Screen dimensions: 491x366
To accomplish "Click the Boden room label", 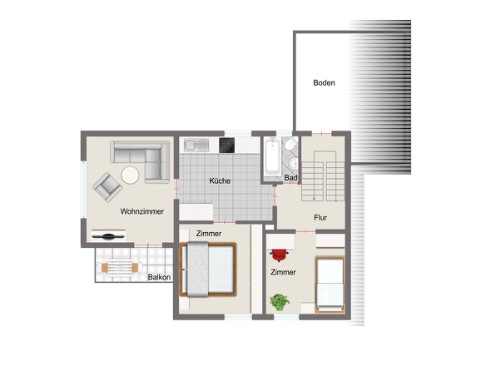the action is tap(324, 82).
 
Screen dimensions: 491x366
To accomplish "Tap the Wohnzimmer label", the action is tap(141, 211).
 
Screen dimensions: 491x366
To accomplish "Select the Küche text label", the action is tap(220, 181).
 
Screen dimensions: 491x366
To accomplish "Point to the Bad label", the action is tap(290, 178).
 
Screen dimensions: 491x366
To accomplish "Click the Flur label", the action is tap(320, 218).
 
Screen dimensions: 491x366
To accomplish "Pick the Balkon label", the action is tap(159, 277).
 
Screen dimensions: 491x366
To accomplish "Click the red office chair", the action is tap(279, 255).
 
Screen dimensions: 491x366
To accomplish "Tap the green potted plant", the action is tap(280, 302).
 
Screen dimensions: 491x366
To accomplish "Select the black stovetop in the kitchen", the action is tap(226, 146).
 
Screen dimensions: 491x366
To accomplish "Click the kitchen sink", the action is tap(196, 145).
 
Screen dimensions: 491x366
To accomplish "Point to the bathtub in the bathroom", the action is tap(272, 156).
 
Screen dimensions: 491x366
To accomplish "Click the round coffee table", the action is tap(130, 175).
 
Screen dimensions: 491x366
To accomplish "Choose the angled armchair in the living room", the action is tap(107, 187).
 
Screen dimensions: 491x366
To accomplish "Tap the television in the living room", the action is tap(108, 235).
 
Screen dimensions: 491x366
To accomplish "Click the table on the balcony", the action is tap(119, 268).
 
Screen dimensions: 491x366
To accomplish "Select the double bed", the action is tap(207, 270).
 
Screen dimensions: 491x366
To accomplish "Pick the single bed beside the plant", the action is tap(330, 284).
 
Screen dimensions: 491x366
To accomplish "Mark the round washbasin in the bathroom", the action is tap(294, 163).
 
